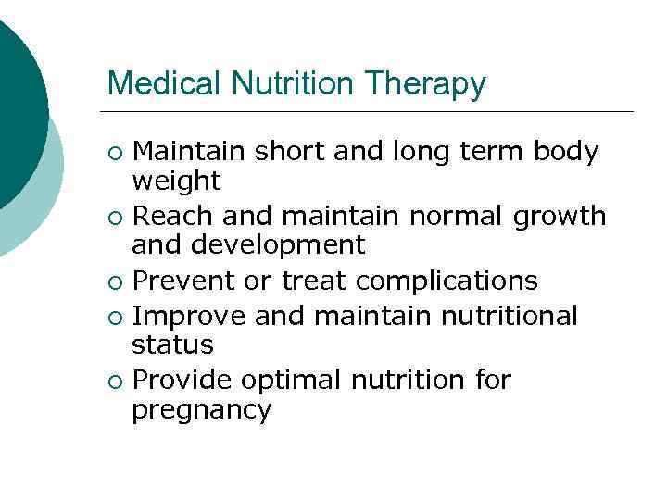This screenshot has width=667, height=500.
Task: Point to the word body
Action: tap(566, 151)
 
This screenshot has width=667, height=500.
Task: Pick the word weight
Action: tap(176, 181)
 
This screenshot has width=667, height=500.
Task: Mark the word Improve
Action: tap(189, 318)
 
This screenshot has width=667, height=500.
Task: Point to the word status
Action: tap(172, 345)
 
